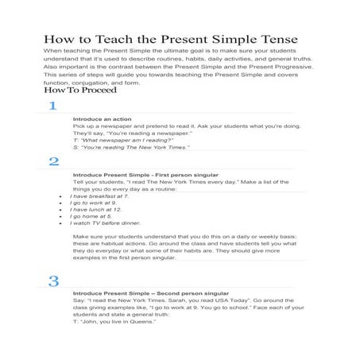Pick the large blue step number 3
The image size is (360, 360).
coord(53,281)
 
